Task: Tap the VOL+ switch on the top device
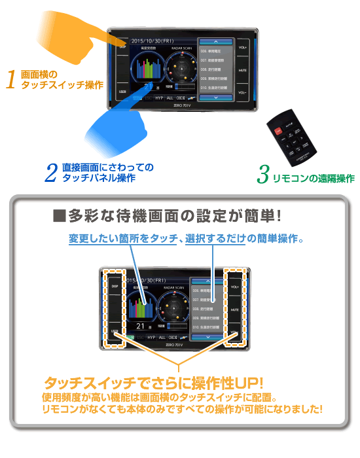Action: point(242,47)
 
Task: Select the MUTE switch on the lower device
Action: point(234,309)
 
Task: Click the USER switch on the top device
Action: point(122,92)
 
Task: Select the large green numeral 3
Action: point(263,175)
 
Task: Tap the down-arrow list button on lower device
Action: point(206,336)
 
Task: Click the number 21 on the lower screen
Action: point(139,325)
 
